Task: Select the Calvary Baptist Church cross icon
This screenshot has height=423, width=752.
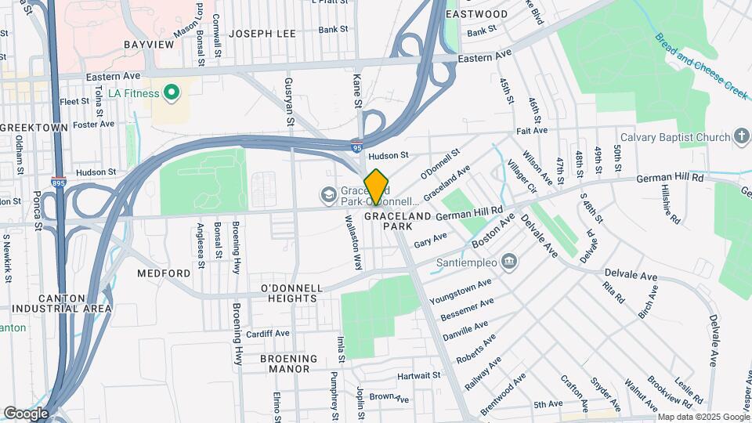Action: (x=742, y=137)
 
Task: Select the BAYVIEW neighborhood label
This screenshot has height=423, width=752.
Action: (x=149, y=45)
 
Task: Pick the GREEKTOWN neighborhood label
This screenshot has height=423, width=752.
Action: (x=34, y=127)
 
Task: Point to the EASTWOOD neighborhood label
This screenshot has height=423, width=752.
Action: (x=476, y=14)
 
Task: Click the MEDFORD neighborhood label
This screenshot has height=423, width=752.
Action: (x=164, y=273)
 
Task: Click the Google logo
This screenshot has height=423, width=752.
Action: (x=26, y=413)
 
